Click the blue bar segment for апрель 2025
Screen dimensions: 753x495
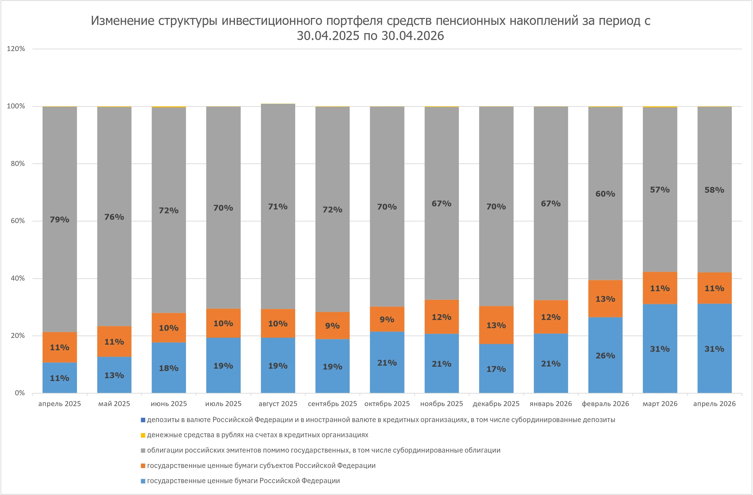(x=60, y=378)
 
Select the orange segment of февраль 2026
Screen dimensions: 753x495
(x=605, y=299)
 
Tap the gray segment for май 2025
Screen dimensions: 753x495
(x=114, y=217)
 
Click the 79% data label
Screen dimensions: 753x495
(x=60, y=220)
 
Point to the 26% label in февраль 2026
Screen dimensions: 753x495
(x=605, y=355)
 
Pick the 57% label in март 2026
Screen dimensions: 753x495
(x=660, y=190)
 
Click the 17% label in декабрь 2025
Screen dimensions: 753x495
(x=496, y=369)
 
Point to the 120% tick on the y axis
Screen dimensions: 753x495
(x=16, y=49)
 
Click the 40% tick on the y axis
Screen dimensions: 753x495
(x=18, y=278)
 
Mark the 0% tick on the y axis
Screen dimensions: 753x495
(x=20, y=393)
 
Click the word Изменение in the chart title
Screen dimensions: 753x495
(x=122, y=21)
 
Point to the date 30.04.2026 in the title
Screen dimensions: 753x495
(x=413, y=36)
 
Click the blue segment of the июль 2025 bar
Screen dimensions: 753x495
(x=223, y=365)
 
